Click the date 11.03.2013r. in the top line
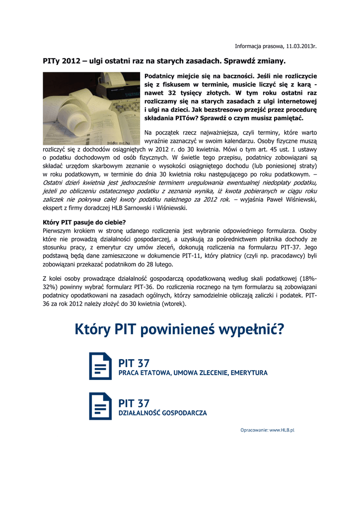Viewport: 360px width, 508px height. coord(301,46)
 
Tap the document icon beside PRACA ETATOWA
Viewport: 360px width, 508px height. coord(100,366)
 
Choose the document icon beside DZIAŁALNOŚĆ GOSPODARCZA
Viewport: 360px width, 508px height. coord(100,406)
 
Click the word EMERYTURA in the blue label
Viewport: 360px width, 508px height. coord(249,373)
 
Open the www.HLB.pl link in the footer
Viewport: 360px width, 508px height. coord(282,430)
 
